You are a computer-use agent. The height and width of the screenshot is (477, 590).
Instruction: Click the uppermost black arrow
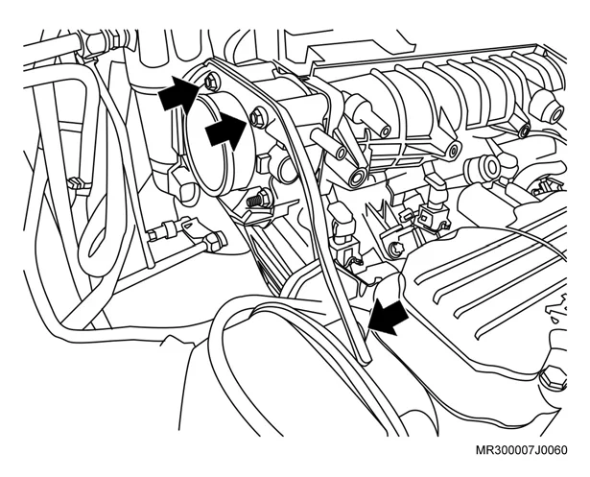(x=178, y=93)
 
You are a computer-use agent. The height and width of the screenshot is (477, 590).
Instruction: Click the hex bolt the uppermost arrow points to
(x=210, y=83)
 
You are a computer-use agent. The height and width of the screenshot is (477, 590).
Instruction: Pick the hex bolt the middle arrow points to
(x=258, y=116)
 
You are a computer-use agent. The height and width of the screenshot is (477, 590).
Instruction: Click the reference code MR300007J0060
(x=521, y=450)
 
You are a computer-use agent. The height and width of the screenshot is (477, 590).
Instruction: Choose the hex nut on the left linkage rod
(x=215, y=241)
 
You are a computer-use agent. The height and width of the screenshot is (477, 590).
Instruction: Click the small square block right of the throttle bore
(x=264, y=163)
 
